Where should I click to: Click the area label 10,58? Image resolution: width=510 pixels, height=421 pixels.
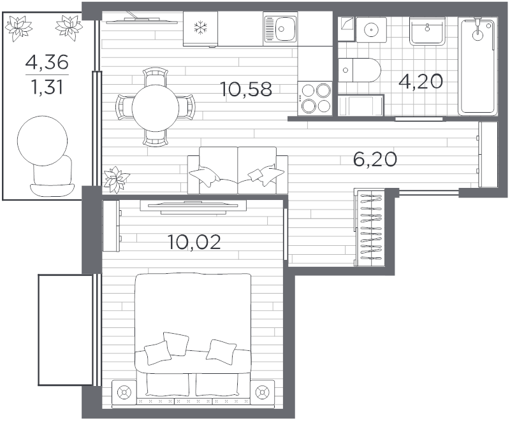[x=246, y=89]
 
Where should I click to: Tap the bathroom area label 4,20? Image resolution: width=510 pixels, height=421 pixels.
[x=421, y=82]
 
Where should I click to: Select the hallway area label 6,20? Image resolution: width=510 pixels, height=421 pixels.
[x=375, y=159]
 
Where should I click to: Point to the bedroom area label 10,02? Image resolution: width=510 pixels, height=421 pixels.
[x=194, y=242]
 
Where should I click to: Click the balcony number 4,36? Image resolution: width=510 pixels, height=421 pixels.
[x=47, y=62]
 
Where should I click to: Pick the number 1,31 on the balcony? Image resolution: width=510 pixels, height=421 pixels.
[x=47, y=87]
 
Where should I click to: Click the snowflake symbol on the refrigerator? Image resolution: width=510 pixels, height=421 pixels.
[x=200, y=27]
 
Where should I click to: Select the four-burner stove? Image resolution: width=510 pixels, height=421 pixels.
[x=314, y=98]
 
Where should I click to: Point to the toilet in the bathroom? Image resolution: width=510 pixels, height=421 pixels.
[x=360, y=70]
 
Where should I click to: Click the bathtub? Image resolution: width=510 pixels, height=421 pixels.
[x=477, y=67]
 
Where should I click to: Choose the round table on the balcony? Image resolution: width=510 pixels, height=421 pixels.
[x=42, y=140]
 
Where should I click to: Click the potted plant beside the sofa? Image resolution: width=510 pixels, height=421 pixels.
[x=116, y=179]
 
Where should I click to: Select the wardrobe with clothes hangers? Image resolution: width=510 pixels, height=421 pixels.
[x=370, y=227]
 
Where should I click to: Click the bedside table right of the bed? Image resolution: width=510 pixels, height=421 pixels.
[x=263, y=392]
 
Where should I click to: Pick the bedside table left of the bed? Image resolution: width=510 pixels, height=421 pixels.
[x=124, y=392]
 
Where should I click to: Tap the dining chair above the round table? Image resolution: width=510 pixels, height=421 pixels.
[x=156, y=76]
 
